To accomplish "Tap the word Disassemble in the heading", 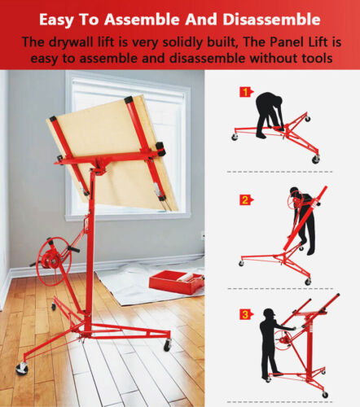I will point(273,18).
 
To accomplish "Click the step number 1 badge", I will point(244,92).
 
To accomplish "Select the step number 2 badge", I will point(244,199).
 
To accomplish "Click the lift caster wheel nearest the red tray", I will point(167,345).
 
